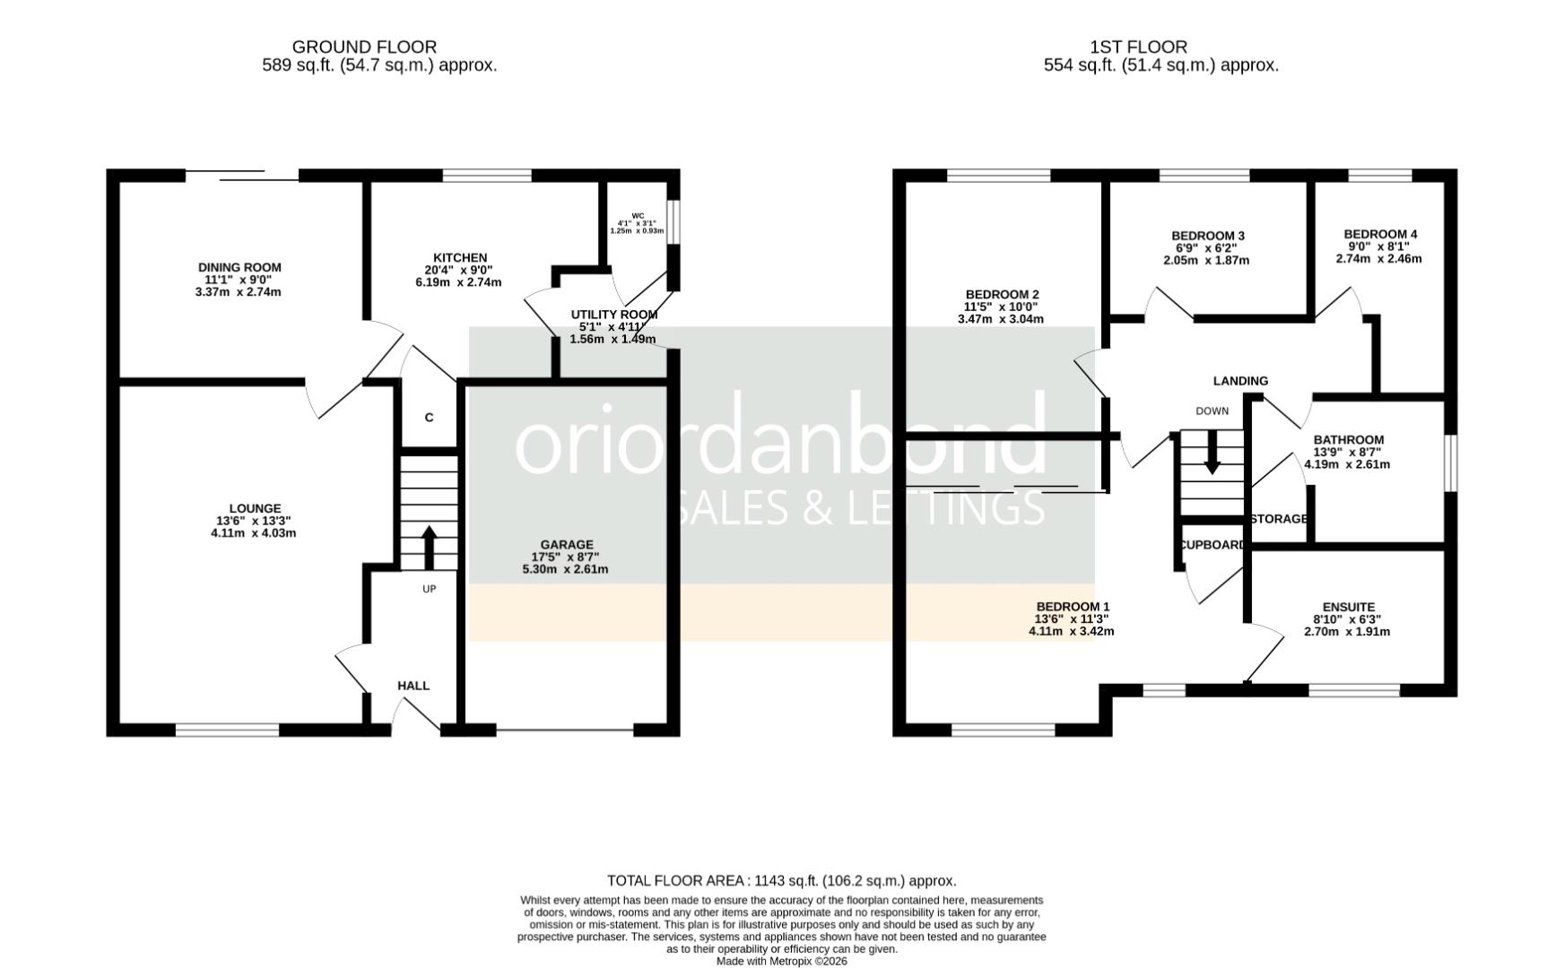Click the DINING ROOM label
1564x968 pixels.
click(239, 267)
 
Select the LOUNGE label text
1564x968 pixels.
click(255, 508)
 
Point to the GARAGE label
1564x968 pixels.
click(567, 544)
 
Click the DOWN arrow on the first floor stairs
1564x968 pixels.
click(1212, 453)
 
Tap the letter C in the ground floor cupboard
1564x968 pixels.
click(429, 418)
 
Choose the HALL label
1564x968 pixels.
click(413, 686)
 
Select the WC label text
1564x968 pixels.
click(638, 215)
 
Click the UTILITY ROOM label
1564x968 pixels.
click(614, 315)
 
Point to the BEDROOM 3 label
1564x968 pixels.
click(1208, 236)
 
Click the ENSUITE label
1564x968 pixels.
click(1348, 607)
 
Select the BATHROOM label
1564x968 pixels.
click(1348, 439)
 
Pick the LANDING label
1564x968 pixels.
click(1240, 381)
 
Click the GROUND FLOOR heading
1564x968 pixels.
click(364, 47)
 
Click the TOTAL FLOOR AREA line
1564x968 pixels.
click(782, 881)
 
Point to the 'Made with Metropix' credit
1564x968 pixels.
click(782, 962)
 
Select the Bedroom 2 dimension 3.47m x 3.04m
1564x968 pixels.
click(1001, 319)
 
